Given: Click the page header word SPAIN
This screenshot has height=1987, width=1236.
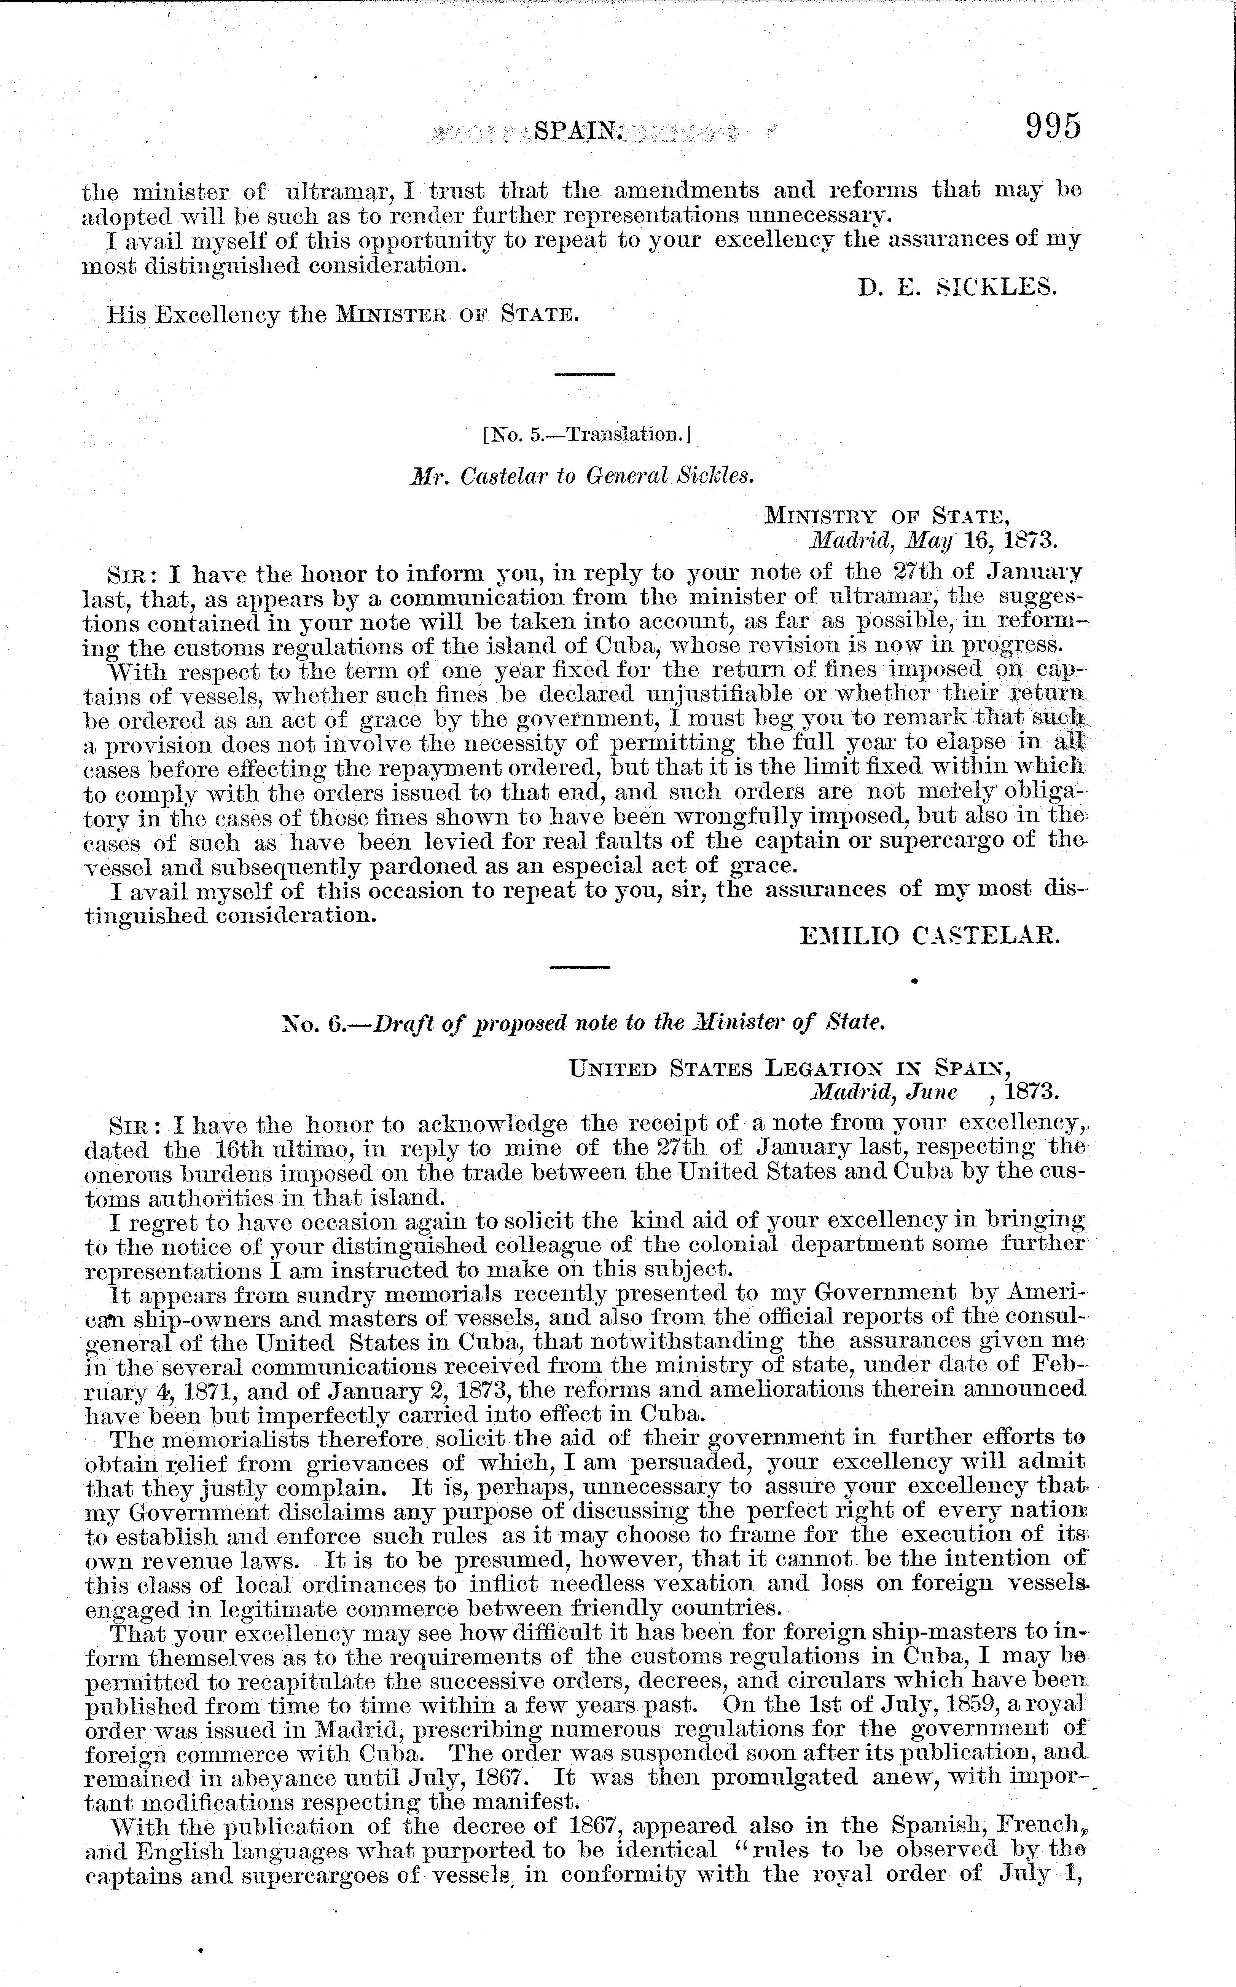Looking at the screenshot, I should (578, 131).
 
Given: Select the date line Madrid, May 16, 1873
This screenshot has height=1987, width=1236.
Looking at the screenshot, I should (933, 540).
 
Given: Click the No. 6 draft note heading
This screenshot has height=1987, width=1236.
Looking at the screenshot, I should (582, 1022).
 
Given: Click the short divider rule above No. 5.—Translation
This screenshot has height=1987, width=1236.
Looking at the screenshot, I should (585, 374).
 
